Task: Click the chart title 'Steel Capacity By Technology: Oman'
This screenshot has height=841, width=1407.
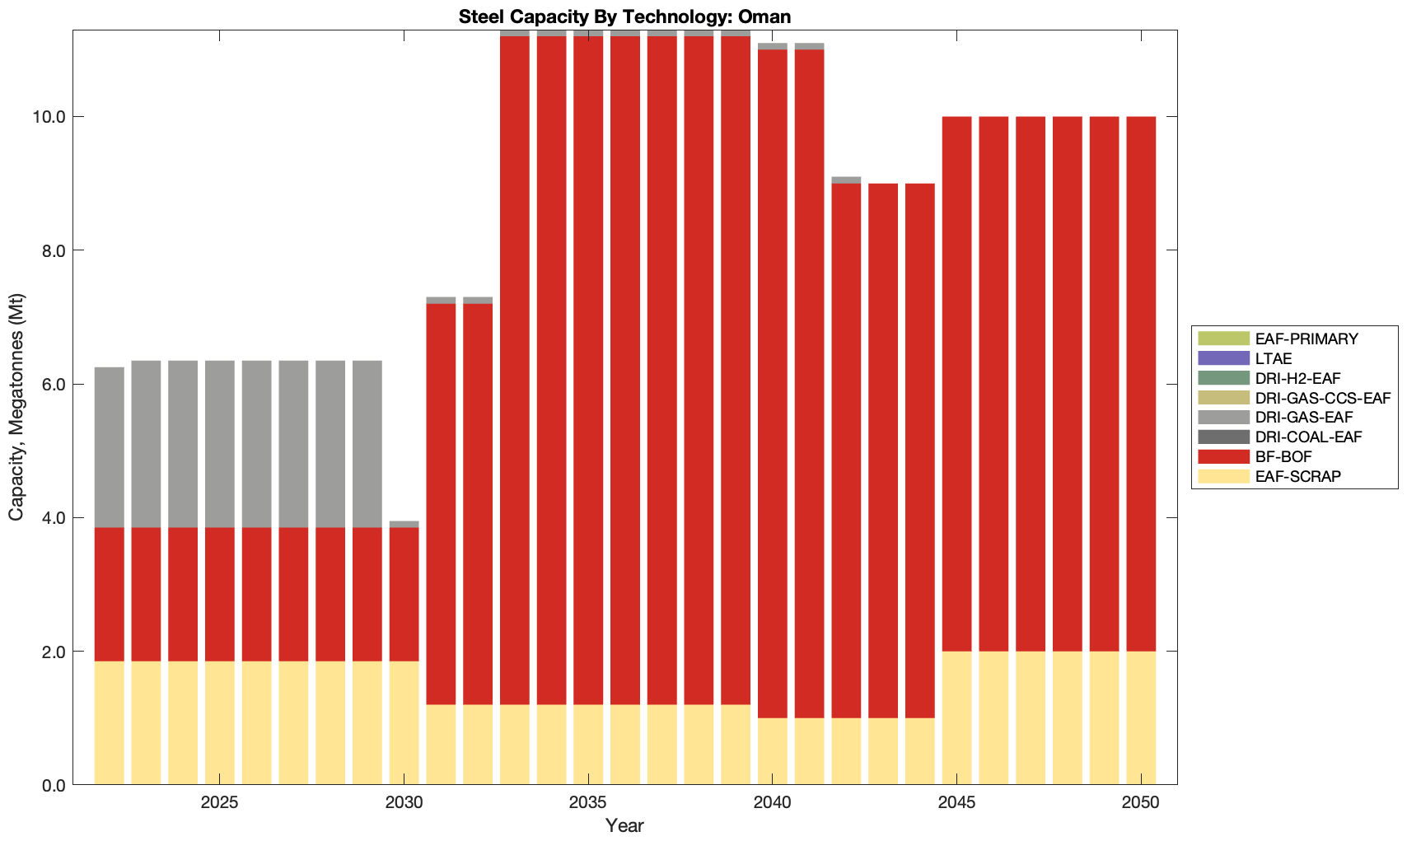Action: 624,16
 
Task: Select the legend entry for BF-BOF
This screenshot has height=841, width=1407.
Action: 1283,456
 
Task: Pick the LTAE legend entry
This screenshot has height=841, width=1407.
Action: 1274,358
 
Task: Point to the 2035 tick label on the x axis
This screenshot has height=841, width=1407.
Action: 588,802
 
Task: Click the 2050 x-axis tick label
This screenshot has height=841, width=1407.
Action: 1141,802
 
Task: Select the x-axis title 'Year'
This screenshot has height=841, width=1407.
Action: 624,825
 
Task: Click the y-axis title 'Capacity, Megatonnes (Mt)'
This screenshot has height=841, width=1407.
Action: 16,407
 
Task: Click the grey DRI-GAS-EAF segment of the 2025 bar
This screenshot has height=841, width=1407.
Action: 220,444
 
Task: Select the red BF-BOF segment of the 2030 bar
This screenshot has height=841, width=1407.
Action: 404,594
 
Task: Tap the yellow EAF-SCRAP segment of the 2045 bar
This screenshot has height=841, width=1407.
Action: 956,717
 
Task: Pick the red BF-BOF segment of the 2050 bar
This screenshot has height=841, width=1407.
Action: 1141,384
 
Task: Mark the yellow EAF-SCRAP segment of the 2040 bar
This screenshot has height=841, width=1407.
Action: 773,751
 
